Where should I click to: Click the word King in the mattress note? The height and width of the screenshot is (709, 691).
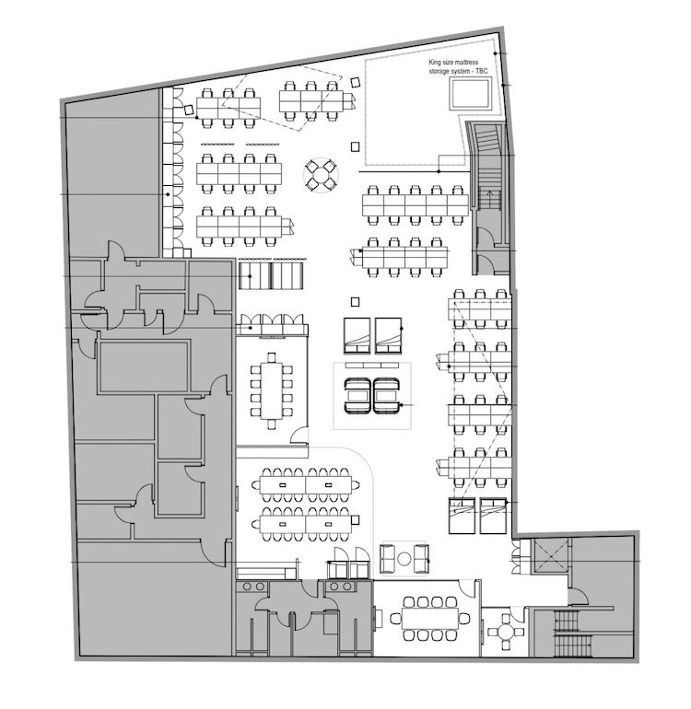point(434,63)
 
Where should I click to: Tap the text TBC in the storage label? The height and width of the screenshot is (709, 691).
point(482,72)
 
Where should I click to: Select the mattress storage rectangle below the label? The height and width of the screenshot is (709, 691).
point(470,93)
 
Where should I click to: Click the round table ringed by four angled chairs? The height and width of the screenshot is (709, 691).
point(321,175)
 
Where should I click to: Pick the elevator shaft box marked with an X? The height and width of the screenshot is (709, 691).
point(550,556)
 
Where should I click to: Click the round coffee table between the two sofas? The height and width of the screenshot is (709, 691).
point(404,559)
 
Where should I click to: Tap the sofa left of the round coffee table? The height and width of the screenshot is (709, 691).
point(388,559)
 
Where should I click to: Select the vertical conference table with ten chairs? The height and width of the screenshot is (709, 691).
point(271,390)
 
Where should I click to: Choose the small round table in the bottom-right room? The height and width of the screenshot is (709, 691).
point(505,632)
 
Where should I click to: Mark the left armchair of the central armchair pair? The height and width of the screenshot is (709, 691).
point(358,396)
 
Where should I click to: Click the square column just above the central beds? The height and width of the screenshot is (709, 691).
point(356,302)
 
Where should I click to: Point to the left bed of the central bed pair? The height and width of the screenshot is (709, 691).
point(357,335)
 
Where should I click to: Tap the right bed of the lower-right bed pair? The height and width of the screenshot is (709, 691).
point(493,516)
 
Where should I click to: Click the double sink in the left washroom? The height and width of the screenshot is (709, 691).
point(253,587)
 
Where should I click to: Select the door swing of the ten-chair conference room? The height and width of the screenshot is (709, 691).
point(299,435)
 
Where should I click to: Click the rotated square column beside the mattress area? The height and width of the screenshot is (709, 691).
point(356,82)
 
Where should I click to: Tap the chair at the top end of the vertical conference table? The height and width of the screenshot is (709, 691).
point(271,357)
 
